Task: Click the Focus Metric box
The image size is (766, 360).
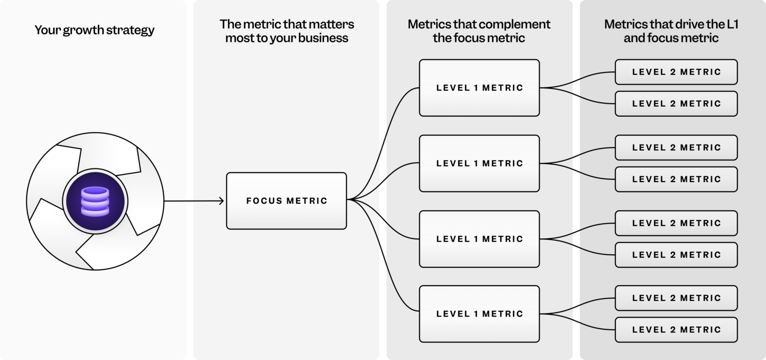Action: click(286, 201)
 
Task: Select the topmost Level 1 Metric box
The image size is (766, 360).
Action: click(479, 88)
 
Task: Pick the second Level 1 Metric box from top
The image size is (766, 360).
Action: click(479, 163)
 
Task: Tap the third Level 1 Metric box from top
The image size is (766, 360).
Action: click(479, 239)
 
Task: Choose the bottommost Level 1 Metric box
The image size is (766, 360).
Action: click(479, 314)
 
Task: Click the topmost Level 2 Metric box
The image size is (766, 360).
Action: click(676, 72)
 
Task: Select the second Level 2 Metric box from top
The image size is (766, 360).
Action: click(676, 104)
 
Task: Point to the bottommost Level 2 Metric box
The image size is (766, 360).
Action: click(676, 330)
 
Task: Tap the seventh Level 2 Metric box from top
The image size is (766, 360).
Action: click(676, 298)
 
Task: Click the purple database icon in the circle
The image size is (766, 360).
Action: click(95, 201)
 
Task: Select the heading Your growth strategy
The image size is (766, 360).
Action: click(94, 30)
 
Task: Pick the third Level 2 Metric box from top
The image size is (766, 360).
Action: click(676, 148)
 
